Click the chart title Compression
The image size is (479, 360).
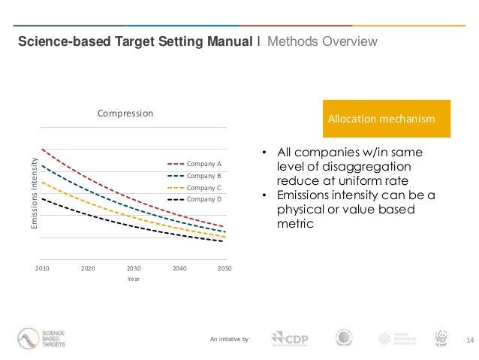[125, 113]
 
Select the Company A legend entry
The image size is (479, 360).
[203, 163]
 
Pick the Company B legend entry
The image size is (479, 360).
[203, 175]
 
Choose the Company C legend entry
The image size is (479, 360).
[203, 187]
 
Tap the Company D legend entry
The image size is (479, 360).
[203, 199]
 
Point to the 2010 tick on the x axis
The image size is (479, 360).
[42, 268]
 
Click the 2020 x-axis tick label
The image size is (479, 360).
[88, 268]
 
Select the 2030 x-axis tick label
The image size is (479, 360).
[134, 268]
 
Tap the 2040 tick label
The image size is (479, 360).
[179, 268]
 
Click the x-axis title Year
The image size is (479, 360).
[133, 280]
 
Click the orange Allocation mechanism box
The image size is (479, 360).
[385, 119]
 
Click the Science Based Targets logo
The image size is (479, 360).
[43, 339]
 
